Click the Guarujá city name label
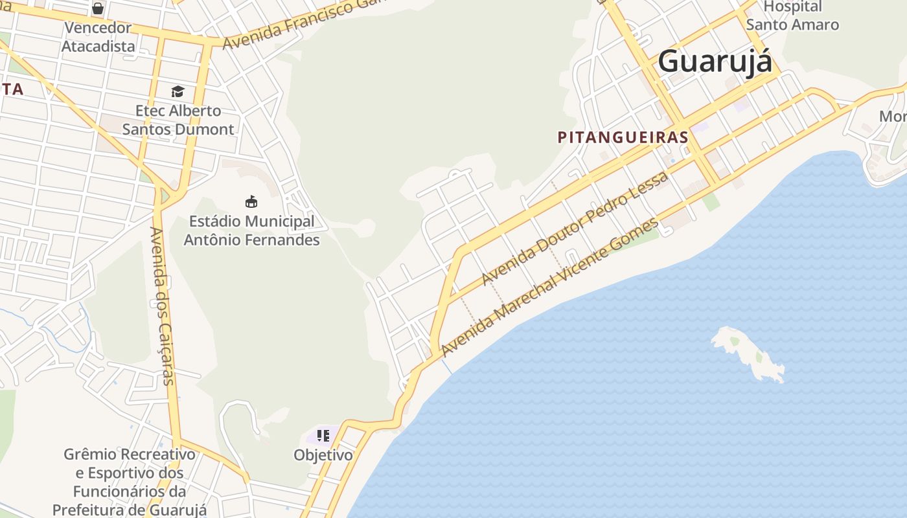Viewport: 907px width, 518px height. point(715,62)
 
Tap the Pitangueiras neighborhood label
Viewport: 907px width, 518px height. point(623,137)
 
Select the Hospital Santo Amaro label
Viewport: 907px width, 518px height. point(792,16)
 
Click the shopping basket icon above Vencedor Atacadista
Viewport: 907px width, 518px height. point(98,8)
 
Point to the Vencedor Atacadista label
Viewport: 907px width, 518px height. point(98,37)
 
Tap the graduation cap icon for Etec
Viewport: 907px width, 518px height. point(178,91)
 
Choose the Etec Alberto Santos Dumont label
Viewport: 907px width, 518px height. point(178,120)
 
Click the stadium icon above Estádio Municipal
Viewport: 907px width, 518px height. point(251,201)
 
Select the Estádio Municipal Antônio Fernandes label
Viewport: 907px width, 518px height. point(251,231)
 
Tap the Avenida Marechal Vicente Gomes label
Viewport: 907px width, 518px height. point(550,287)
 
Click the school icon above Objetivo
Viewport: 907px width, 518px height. point(323,435)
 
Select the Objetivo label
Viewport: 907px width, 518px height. point(323,455)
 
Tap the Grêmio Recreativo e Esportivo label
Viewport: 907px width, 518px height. point(129,482)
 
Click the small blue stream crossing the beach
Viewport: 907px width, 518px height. point(447,365)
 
